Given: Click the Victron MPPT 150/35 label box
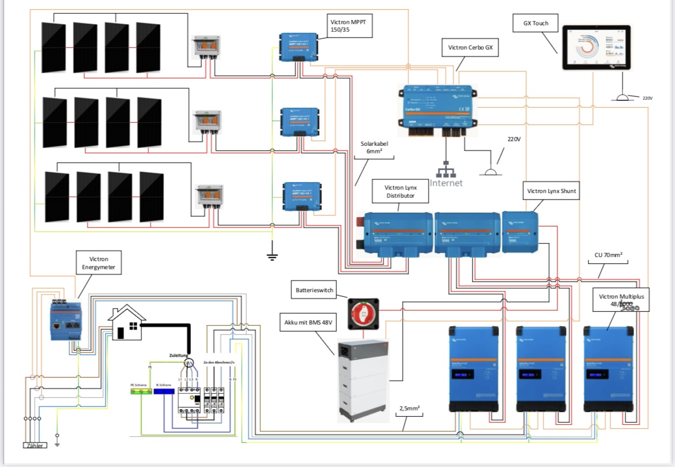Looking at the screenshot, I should coord(349,26).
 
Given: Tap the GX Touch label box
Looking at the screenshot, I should coord(531,24).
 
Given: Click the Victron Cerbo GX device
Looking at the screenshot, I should coord(437,107).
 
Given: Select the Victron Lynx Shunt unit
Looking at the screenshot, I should coord(521,231).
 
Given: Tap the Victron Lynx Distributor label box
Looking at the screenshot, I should coord(401,191).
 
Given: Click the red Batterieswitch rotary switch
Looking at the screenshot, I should coord(363,314).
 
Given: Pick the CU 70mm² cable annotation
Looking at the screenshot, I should coord(608,254).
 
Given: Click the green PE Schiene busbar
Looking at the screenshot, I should coord(141,391).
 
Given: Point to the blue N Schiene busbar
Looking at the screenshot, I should coord(164,391).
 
